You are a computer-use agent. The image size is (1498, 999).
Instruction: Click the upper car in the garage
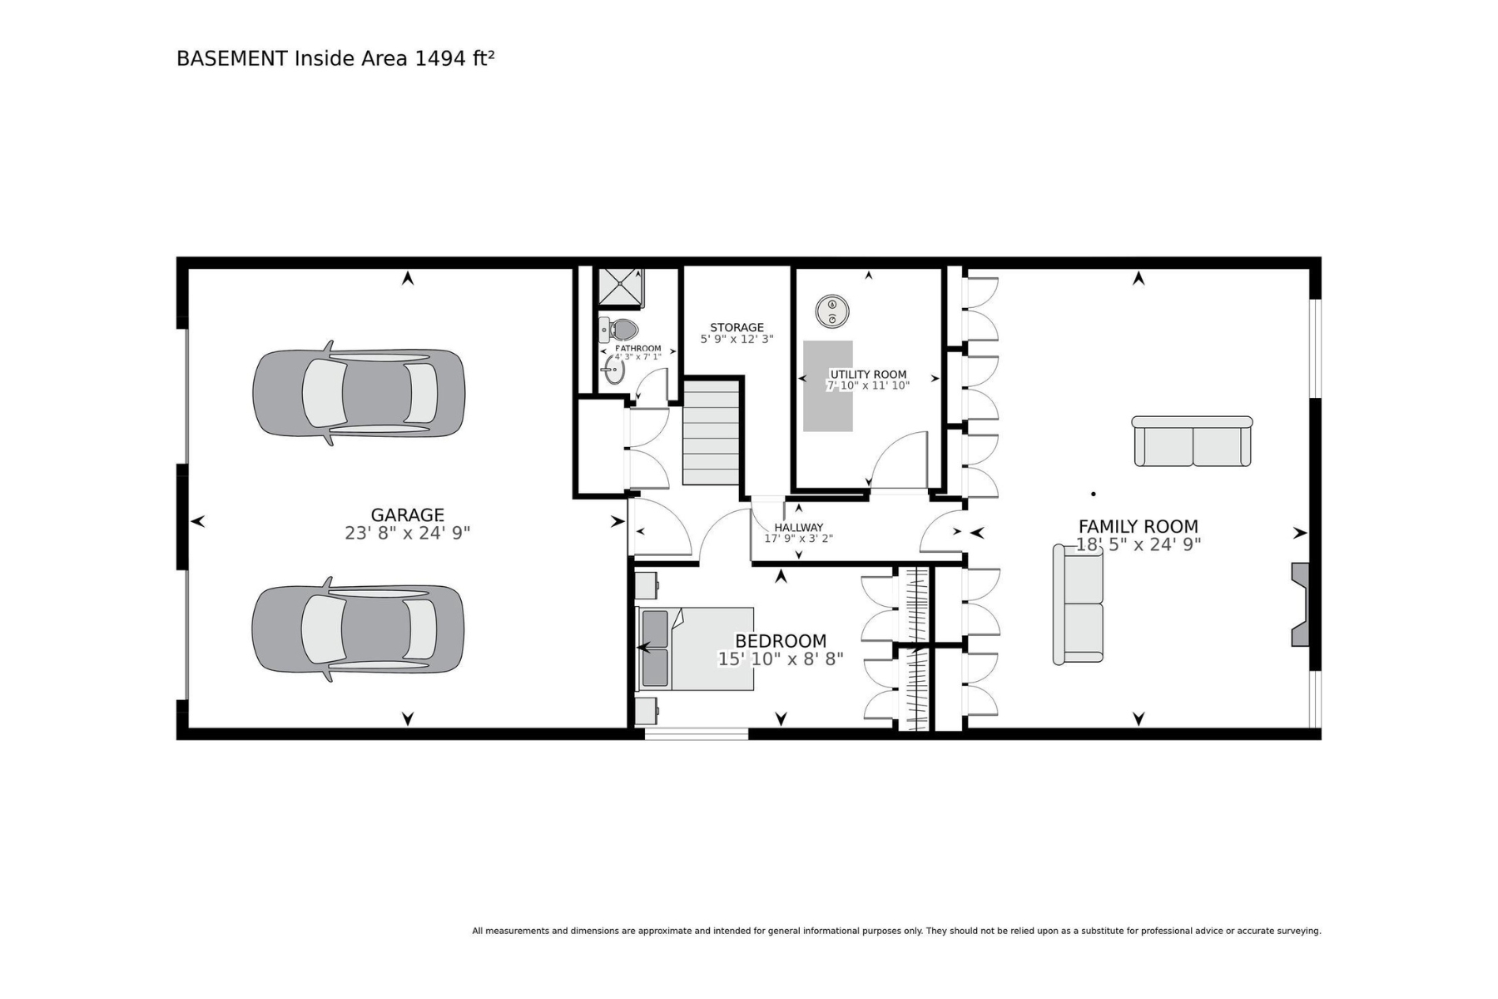coord(359,393)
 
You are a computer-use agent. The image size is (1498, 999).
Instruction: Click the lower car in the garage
coord(359,629)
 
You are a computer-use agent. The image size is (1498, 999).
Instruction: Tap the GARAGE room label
coord(408,515)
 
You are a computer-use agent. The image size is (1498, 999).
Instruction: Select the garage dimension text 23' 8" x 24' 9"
coord(408,533)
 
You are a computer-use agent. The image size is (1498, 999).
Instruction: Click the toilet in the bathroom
coord(618,330)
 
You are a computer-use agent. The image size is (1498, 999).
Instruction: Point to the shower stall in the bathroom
coord(621,287)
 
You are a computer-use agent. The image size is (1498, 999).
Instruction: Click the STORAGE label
coord(737,327)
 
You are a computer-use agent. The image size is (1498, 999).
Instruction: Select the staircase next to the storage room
coord(712,433)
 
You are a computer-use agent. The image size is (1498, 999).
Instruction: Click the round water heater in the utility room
coord(831,311)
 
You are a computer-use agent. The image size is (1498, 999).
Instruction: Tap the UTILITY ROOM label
coord(868,375)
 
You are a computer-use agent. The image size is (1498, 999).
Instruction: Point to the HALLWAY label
coord(799,527)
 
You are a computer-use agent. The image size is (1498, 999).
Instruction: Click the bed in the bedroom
coord(696,649)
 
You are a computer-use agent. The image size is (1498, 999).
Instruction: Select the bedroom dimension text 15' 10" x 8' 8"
coord(781,659)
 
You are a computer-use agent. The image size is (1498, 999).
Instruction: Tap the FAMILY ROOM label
coord(1138,526)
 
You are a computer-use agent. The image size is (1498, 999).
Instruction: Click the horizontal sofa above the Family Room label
coord(1193,441)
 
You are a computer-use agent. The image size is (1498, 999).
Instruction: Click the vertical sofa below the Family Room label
coord(1079,604)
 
